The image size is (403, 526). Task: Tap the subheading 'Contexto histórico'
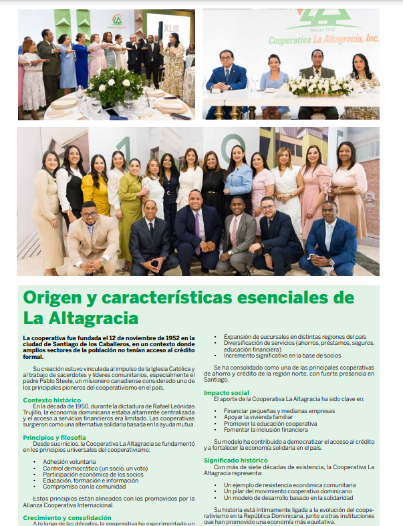coord(52,400)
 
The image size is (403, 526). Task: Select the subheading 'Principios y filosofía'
coord(54,437)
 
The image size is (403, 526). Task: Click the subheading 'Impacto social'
coord(227,392)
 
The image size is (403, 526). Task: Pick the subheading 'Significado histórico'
coord(237,460)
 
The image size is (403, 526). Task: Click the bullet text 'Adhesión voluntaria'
coord(70,461)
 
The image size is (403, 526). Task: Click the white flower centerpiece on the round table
coord(116,85)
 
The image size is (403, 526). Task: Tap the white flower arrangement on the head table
coord(319,86)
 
